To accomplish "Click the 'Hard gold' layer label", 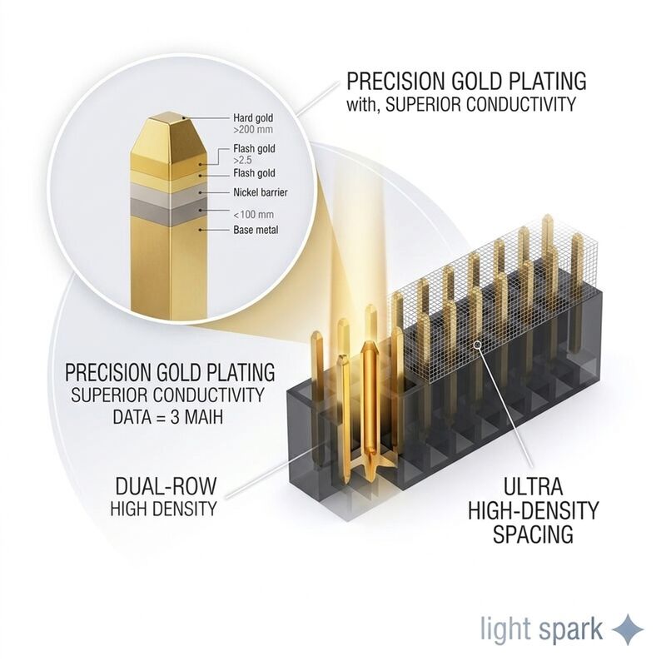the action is pyautogui.click(x=253, y=117).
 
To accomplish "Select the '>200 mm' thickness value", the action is pyautogui.click(x=253, y=129).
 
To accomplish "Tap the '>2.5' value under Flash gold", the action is pyautogui.click(x=242, y=160).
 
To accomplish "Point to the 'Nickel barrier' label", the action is pyautogui.click(x=261, y=192).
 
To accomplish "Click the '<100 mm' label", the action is pyautogui.click(x=254, y=214).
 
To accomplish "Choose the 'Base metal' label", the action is pyautogui.click(x=256, y=230).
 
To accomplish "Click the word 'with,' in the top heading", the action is pyautogui.click(x=362, y=104).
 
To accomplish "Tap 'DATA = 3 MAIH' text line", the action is pyautogui.click(x=168, y=417).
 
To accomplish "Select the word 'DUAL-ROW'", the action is pyautogui.click(x=166, y=486).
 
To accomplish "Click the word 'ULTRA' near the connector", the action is pyautogui.click(x=533, y=487).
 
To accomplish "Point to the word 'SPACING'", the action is pyautogui.click(x=533, y=534).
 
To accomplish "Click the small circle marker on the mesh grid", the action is pyautogui.click(x=477, y=345).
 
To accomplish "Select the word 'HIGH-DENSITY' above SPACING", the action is pyautogui.click(x=533, y=510).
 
